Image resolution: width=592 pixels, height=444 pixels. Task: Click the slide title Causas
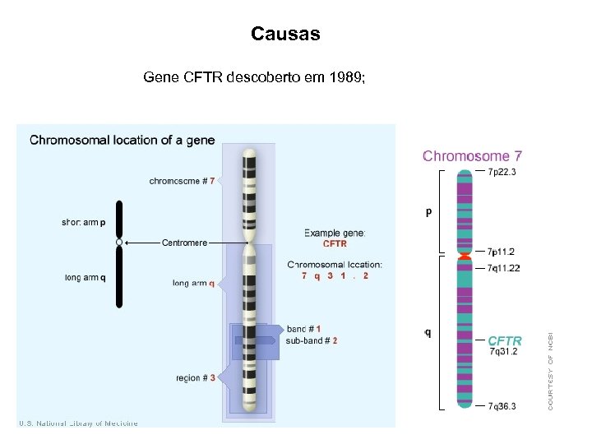pos(285,35)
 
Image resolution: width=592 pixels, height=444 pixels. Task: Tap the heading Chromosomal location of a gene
pos(123,140)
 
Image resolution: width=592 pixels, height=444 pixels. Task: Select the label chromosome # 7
pos(183,181)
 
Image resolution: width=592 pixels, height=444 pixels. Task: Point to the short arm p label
pos(84,222)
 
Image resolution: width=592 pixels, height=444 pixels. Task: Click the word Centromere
pos(185,243)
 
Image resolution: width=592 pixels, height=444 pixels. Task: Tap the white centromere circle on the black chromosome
pos(119,243)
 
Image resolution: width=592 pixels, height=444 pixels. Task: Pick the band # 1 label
pos(304,329)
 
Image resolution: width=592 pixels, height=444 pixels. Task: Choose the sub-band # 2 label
pos(312,340)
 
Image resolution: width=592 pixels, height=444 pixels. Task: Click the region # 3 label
pos(196,378)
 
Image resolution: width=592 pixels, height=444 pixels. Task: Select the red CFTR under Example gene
pos(335,244)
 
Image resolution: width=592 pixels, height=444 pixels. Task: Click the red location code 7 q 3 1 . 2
pos(335,276)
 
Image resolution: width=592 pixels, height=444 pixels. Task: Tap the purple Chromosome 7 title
pos(472,155)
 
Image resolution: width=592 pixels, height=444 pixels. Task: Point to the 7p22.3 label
pos(502,172)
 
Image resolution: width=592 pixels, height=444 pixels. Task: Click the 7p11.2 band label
pos(502,252)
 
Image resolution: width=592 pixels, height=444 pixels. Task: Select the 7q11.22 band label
pos(503,268)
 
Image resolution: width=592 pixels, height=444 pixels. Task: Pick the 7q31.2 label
pos(503,352)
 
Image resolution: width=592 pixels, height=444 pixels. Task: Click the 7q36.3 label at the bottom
pos(502,406)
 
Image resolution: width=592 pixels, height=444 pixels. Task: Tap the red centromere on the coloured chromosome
pos(465,257)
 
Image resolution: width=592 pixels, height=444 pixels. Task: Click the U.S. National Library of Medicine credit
pos(79,423)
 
